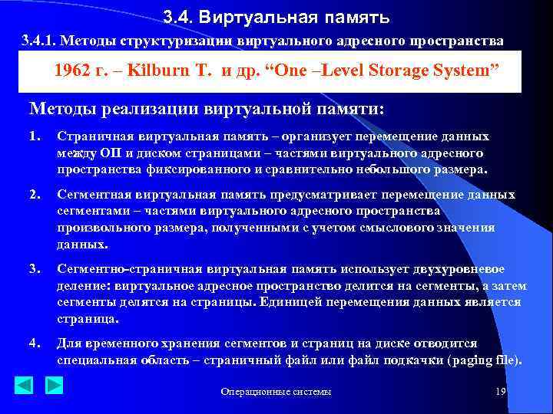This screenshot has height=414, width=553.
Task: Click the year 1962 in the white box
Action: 76,71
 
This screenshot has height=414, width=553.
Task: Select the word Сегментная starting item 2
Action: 93,195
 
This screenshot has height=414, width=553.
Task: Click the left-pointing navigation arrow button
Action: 25,385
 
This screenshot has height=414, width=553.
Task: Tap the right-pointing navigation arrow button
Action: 54,385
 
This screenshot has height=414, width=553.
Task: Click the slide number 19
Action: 500,392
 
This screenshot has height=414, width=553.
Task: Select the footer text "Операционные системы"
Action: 276,393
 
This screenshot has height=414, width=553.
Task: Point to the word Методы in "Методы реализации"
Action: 61,107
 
